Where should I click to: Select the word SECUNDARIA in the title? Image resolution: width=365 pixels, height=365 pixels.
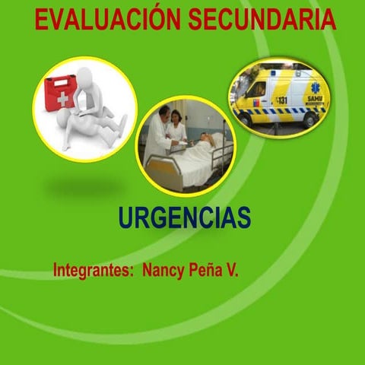262,20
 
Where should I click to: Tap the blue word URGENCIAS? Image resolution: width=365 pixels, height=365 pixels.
185,218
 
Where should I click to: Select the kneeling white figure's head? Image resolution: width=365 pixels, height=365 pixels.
84,78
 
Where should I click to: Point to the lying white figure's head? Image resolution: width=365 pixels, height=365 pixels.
62,122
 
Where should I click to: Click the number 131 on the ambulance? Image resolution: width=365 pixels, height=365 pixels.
282,100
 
